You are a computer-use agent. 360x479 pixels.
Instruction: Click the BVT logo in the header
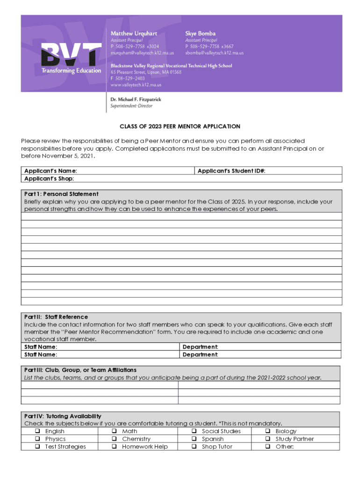point(71,57)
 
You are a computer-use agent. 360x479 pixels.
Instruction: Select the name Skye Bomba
point(201,34)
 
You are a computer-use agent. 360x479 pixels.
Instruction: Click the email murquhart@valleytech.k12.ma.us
point(142,53)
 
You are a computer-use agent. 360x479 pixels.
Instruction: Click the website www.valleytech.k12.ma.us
point(136,85)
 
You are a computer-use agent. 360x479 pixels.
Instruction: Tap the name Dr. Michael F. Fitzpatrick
point(136,100)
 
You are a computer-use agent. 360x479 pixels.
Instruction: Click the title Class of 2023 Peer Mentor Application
point(180,126)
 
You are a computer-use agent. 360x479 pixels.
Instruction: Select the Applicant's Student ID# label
point(231,171)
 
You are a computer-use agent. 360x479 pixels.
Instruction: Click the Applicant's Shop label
point(49,179)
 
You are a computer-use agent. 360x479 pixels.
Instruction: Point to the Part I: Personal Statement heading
point(61,194)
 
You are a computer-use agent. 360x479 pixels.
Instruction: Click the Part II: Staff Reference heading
point(56,317)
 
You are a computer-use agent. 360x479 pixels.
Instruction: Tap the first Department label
point(200,347)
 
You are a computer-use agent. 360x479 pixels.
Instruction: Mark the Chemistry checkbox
point(114,439)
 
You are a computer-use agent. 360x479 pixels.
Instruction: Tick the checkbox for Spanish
point(194,439)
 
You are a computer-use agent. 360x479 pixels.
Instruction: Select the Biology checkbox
point(268,431)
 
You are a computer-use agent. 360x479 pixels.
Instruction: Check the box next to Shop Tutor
point(194,447)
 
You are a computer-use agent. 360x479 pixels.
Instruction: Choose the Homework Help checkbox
point(114,447)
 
